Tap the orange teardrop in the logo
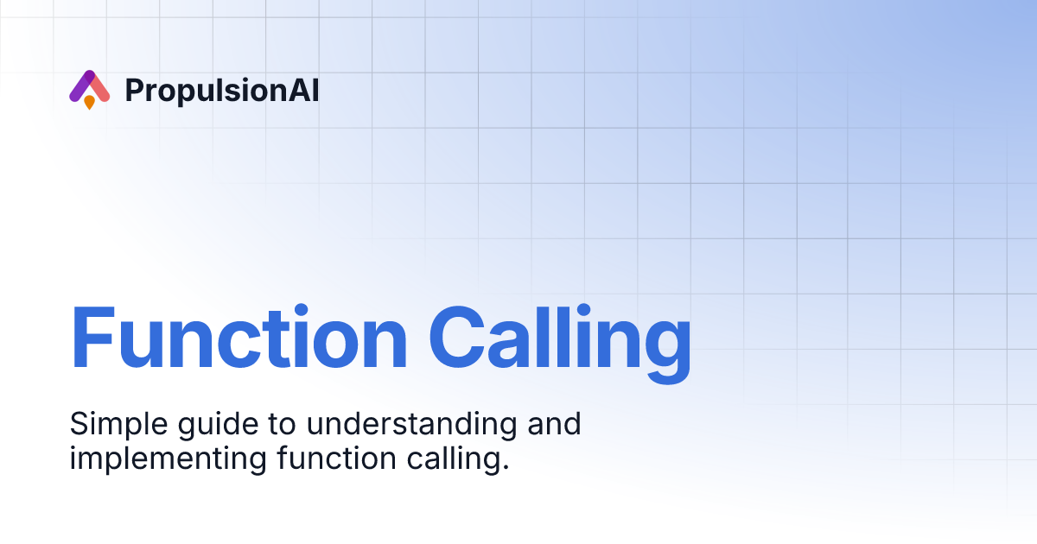click(89, 102)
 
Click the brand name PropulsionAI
click(222, 91)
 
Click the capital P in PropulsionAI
click(134, 90)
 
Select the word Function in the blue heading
click(239, 338)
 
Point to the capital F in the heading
click(91, 338)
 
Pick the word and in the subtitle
click(553, 424)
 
